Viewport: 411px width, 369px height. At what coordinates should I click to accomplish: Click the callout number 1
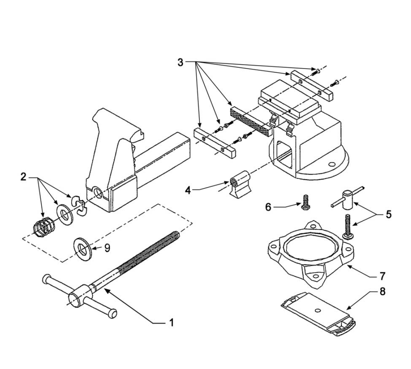point(171,322)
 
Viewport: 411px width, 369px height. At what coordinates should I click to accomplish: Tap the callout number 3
point(180,63)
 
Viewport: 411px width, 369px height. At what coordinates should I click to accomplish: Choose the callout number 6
point(268,207)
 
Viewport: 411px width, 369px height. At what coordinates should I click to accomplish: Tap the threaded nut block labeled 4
point(239,184)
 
